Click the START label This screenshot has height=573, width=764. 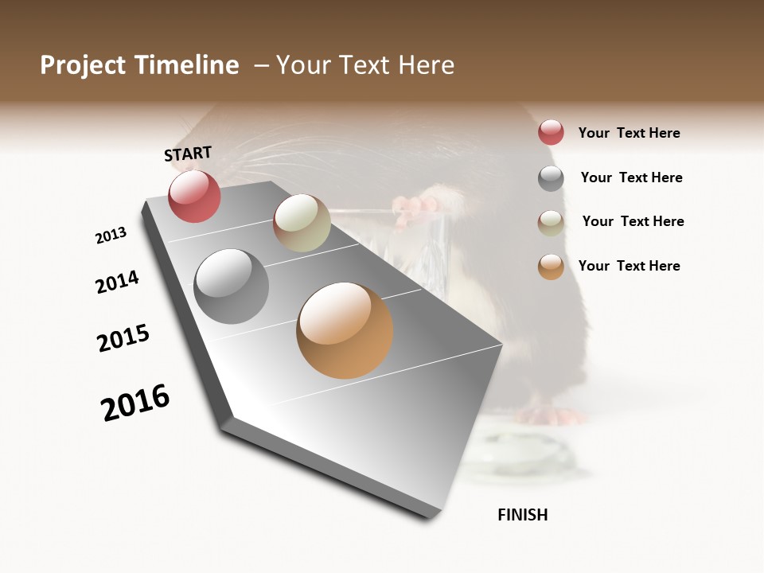188,154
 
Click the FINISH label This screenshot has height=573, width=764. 523,515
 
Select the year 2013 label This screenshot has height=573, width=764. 111,236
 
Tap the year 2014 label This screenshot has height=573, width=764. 117,282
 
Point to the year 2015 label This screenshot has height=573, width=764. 123,338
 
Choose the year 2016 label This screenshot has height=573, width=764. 135,403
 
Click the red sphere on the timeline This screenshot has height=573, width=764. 194,196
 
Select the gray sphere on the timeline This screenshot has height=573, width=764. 231,286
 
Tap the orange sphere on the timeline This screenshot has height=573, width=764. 345,330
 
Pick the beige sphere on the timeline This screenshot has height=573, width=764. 302,223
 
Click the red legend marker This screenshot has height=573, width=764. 551,133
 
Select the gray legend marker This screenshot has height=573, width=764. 551,178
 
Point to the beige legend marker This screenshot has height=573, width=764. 551,222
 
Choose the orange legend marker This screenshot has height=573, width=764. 551,267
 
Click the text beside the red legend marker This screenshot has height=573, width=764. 629,133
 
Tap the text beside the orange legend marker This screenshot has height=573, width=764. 629,266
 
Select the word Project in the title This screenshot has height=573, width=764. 83,65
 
